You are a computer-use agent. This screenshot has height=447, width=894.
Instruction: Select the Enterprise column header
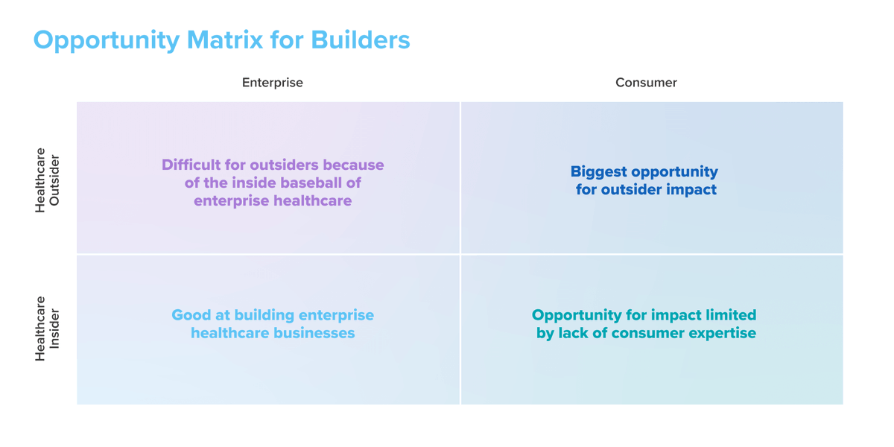coord(273,83)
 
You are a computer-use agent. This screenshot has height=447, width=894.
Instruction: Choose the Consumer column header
coord(646,83)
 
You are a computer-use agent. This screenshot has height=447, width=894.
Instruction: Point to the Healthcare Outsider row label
coord(47,180)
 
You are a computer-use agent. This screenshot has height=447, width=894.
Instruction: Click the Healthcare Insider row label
coord(47,329)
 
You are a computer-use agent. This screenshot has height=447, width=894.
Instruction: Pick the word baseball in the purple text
coord(303,183)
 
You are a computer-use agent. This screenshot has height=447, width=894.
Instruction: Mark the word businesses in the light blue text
coord(317,333)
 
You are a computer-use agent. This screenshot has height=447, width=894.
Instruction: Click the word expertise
coord(720,333)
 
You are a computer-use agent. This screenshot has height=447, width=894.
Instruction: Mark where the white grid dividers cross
coord(460,254)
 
